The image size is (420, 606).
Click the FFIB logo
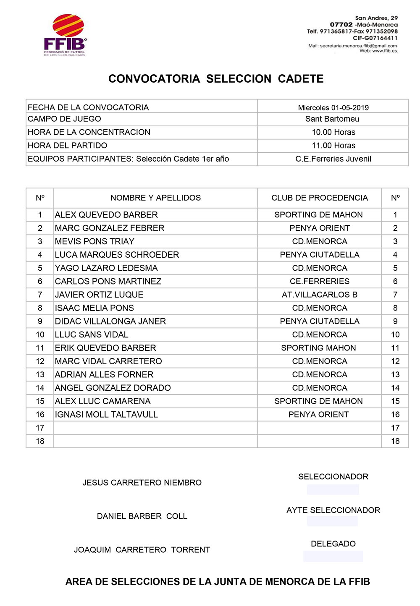click(65, 35)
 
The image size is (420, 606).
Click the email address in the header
click(358, 46)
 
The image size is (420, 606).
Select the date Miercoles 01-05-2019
click(333, 107)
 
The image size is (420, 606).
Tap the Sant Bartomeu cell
click(332, 119)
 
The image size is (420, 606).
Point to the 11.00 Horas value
click(333, 146)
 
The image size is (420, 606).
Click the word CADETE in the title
click(301, 79)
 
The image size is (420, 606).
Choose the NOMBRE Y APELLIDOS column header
click(155, 198)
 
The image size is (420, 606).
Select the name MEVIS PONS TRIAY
click(94, 241)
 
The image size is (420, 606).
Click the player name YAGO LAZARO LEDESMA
click(106, 268)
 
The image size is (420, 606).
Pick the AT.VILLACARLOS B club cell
click(319, 295)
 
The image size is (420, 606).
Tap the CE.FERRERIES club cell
click(319, 281)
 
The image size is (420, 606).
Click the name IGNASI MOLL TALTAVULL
click(106, 415)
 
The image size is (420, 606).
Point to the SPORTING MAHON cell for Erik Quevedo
click(318, 348)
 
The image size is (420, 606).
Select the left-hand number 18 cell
click(40, 441)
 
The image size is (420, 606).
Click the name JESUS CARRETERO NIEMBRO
click(142, 483)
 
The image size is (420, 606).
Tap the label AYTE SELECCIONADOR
click(333, 510)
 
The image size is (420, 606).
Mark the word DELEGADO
click(333, 544)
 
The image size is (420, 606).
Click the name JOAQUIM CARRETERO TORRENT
click(142, 550)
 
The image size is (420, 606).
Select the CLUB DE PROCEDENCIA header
click(319, 198)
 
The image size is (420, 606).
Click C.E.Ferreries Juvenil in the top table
click(333, 159)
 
